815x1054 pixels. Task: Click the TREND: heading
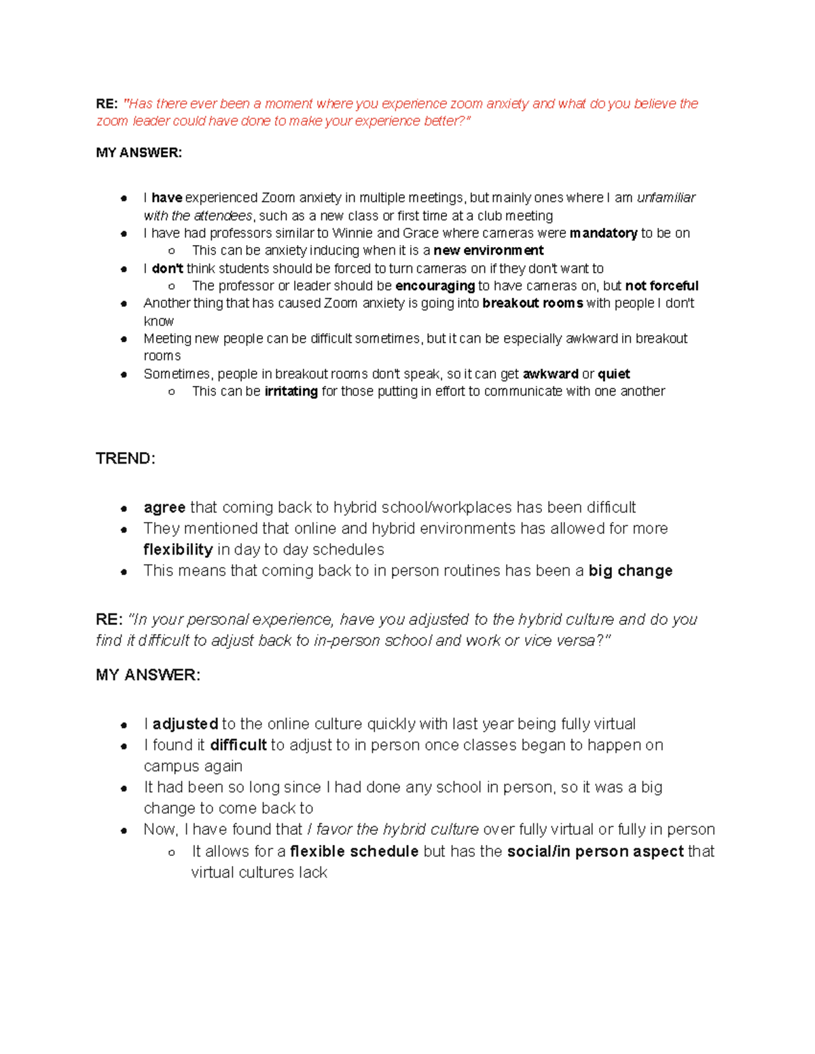click(126, 459)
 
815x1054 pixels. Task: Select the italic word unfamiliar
click(666, 197)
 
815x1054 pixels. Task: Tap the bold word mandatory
click(603, 233)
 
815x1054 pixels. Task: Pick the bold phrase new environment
click(488, 250)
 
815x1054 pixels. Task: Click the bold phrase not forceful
click(662, 286)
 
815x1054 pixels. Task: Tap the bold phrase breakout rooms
click(532, 303)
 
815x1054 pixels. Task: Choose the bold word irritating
click(291, 392)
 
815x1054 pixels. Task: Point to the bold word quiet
click(613, 374)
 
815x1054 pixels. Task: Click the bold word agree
click(164, 508)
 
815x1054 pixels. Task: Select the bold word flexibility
click(178, 550)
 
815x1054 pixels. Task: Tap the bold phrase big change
click(630, 571)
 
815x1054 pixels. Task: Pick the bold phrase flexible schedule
click(354, 852)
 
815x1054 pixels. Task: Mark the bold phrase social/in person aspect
click(595, 852)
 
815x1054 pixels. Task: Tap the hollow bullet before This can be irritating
click(172, 392)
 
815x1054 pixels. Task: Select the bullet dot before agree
click(124, 508)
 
